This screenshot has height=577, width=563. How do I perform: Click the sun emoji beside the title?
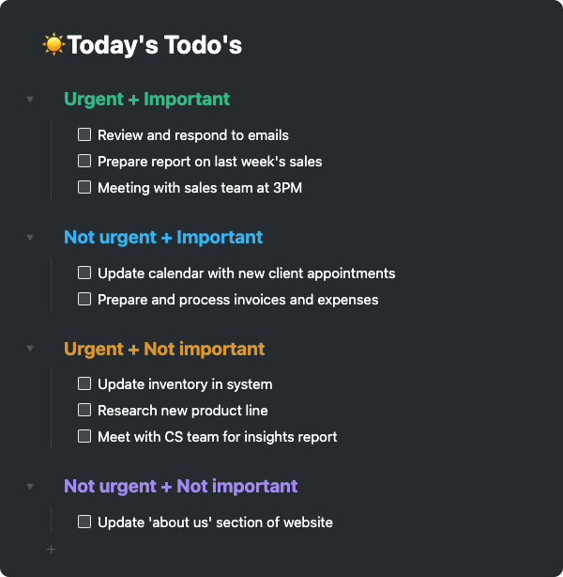pyautogui.click(x=53, y=44)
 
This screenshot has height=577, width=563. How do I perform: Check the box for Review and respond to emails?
pyautogui.click(x=84, y=135)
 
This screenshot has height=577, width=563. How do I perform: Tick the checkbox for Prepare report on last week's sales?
pyautogui.click(x=84, y=162)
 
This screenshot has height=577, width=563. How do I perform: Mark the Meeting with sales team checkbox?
pyautogui.click(x=84, y=188)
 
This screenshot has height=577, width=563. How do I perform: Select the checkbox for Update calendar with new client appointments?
pyautogui.click(x=84, y=273)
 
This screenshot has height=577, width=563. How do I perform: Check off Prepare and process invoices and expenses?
pyautogui.click(x=84, y=300)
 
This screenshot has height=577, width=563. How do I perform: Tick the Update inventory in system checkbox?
pyautogui.click(x=84, y=384)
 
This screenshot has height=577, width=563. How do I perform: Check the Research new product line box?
pyautogui.click(x=84, y=411)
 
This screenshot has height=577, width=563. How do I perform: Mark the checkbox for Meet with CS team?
pyautogui.click(x=84, y=437)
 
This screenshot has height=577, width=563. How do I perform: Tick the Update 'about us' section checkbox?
pyautogui.click(x=84, y=522)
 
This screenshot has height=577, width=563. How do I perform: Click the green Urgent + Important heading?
pyautogui.click(x=146, y=100)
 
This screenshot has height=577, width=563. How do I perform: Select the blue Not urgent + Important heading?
pyautogui.click(x=163, y=238)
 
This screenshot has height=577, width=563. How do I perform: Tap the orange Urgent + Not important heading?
pyautogui.click(x=164, y=350)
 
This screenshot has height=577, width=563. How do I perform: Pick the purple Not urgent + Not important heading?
pyautogui.click(x=180, y=487)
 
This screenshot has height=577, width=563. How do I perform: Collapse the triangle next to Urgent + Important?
pyautogui.click(x=30, y=100)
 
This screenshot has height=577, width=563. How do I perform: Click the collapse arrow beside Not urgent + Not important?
pyautogui.click(x=30, y=487)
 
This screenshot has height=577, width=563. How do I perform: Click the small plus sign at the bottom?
pyautogui.click(x=51, y=549)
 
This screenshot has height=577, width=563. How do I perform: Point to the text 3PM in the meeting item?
pyautogui.click(x=286, y=188)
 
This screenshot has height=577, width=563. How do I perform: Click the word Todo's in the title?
pyautogui.click(x=203, y=44)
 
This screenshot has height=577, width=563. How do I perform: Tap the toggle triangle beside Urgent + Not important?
pyautogui.click(x=30, y=350)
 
